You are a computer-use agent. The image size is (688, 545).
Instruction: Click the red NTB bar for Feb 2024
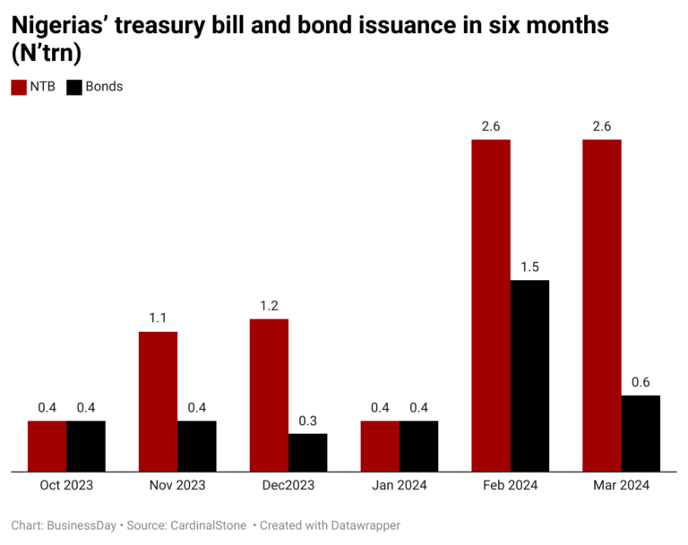click(x=490, y=304)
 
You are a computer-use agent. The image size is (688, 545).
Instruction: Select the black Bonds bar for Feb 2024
click(x=529, y=375)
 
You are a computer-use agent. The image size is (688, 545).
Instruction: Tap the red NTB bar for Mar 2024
click(x=601, y=304)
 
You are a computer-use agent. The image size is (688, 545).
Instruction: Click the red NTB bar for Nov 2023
click(x=158, y=401)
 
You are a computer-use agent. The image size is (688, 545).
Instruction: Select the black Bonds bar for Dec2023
click(x=307, y=452)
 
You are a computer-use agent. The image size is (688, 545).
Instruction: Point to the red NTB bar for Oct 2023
click(x=47, y=445)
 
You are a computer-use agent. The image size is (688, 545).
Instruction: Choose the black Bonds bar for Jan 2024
click(x=418, y=445)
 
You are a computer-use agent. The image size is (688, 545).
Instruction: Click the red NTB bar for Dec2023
click(x=269, y=394)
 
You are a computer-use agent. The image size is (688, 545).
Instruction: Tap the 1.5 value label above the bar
click(x=529, y=267)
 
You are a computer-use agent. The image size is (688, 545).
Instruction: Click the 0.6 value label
click(x=641, y=382)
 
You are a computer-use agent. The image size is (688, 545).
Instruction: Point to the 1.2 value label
click(x=269, y=305)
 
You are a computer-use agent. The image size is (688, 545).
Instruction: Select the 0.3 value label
click(x=307, y=421)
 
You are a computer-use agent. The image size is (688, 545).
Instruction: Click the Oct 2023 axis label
click(x=66, y=485)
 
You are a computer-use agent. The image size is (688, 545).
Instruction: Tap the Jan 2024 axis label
click(x=400, y=485)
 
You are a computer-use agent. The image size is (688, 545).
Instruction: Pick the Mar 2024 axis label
click(x=621, y=485)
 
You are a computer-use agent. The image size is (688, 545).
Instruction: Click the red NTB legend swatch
click(x=18, y=87)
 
